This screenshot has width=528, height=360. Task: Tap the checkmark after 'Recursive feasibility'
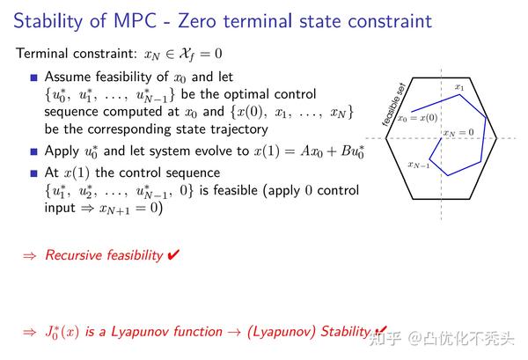(174, 255)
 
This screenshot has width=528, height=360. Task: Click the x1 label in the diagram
(459, 87)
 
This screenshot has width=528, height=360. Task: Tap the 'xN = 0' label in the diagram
(458, 133)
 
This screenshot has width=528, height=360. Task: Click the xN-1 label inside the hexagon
(420, 165)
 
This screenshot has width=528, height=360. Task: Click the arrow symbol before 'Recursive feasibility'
(29, 255)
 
